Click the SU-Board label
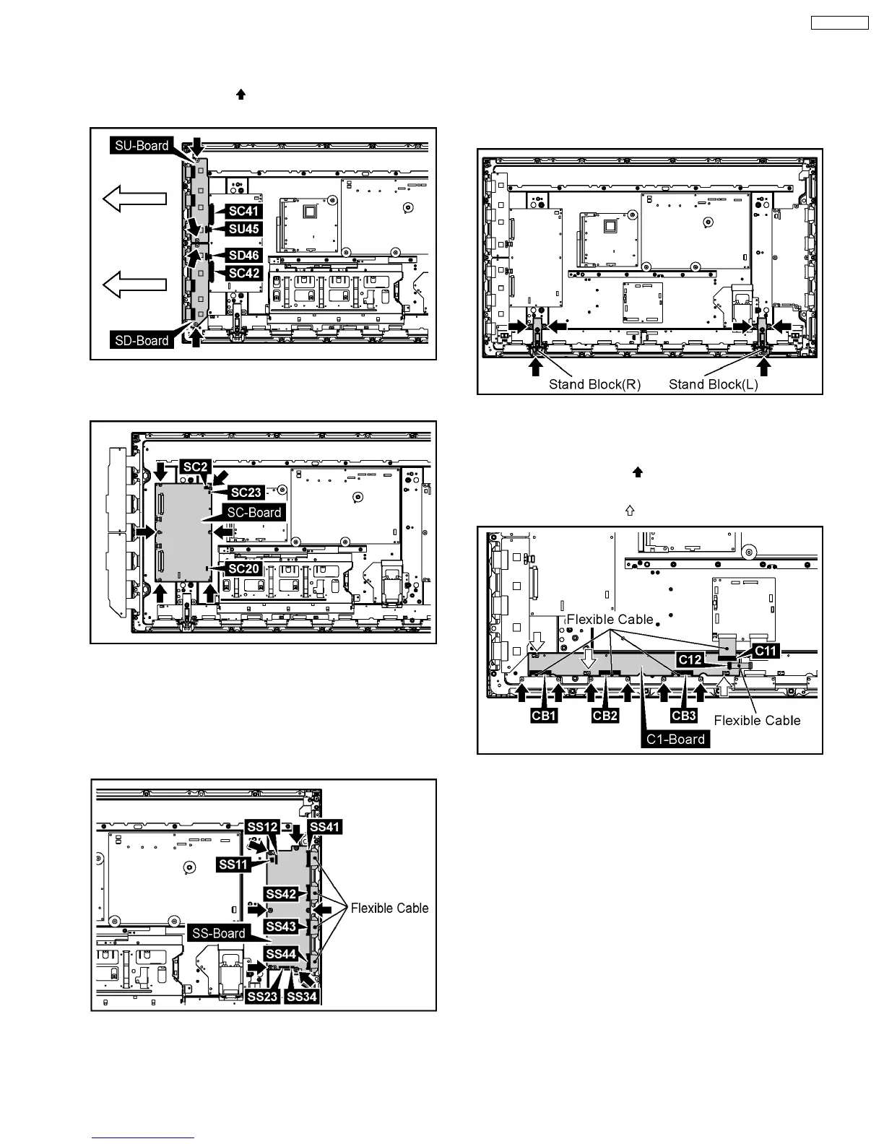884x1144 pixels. pyautogui.click(x=142, y=145)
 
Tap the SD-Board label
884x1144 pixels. pyautogui.click(x=142, y=340)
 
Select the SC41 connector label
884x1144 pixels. pyautogui.click(x=244, y=211)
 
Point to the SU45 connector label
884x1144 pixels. pyautogui.click(x=244, y=229)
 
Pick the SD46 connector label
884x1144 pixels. pyautogui.click(x=244, y=255)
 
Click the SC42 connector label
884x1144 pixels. pyautogui.click(x=244, y=273)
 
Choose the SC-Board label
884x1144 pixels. pyautogui.click(x=254, y=512)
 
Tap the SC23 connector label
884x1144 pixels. pyautogui.click(x=246, y=493)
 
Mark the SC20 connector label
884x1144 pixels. pyautogui.click(x=243, y=569)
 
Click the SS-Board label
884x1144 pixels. pyautogui.click(x=219, y=933)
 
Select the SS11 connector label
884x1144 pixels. pyautogui.click(x=233, y=864)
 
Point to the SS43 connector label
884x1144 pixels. pyautogui.click(x=281, y=926)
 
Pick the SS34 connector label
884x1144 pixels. pyautogui.click(x=302, y=997)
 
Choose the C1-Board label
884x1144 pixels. pyautogui.click(x=675, y=739)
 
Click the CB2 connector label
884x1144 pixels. pyautogui.click(x=605, y=716)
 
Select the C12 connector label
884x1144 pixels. pyautogui.click(x=690, y=659)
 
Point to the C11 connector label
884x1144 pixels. pyautogui.click(x=766, y=650)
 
